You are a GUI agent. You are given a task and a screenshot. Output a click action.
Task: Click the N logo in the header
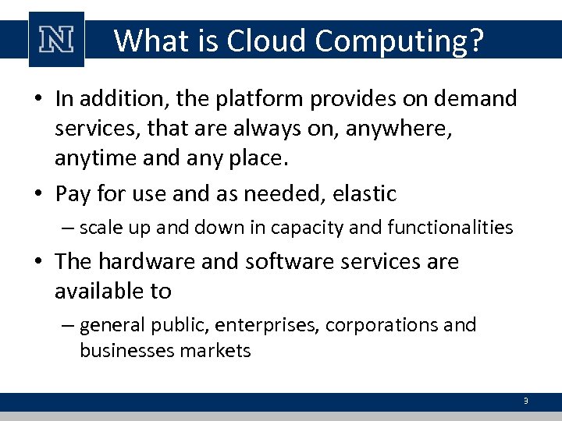(55, 40)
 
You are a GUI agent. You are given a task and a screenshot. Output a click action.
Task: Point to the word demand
(477, 99)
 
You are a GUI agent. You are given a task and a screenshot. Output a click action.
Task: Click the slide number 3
(525, 402)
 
